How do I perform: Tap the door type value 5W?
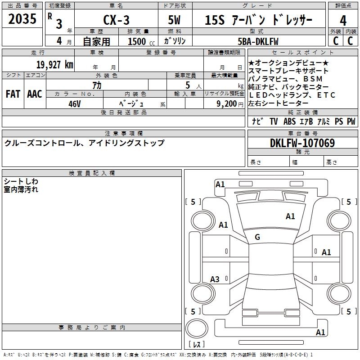pos(175,21)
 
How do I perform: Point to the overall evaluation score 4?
pos(343,21)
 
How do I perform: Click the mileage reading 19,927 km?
pos(54,64)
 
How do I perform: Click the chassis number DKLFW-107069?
pos(302,143)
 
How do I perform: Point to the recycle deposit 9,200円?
pos(225,103)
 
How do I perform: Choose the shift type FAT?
pos(13,94)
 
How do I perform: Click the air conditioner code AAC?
pos(34,94)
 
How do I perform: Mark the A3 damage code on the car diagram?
pos(215,279)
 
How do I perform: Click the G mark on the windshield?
pos(257,237)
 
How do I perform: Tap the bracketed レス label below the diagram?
pos(198,345)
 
